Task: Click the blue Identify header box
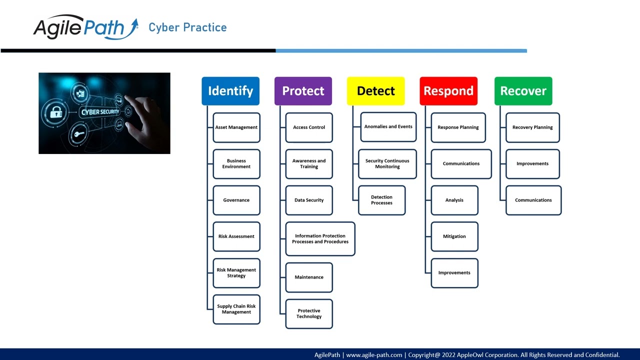click(x=230, y=91)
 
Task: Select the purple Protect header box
click(x=303, y=91)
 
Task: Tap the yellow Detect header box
click(x=375, y=91)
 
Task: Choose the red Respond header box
click(x=448, y=91)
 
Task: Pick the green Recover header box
click(x=523, y=91)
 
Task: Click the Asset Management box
click(x=236, y=127)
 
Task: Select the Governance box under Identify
click(x=236, y=200)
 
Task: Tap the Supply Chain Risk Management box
click(x=236, y=309)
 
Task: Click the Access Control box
click(x=309, y=127)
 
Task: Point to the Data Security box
click(x=309, y=200)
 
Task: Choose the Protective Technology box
click(x=309, y=313)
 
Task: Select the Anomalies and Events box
click(x=388, y=127)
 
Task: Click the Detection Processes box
click(x=382, y=200)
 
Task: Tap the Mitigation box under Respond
click(x=454, y=236)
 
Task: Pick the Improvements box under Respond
click(x=454, y=273)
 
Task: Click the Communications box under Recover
click(x=533, y=200)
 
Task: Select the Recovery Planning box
click(x=532, y=127)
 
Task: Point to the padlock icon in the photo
click(x=56, y=112)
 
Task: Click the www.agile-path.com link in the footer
click(x=374, y=355)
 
